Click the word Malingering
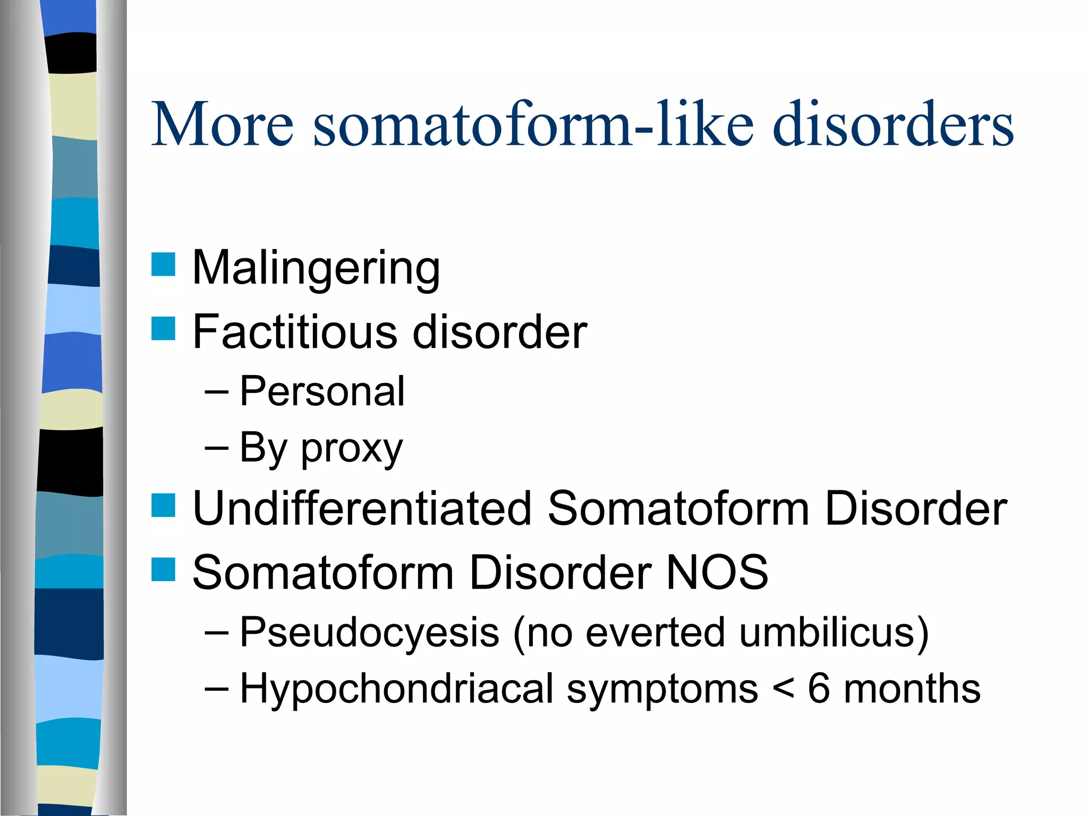point(316,268)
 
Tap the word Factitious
point(294,331)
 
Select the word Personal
point(322,391)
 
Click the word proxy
point(352,449)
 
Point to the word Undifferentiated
point(362,508)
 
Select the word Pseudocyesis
point(369,632)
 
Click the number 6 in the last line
point(819,688)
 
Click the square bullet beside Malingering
point(163,265)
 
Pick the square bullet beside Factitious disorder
point(163,328)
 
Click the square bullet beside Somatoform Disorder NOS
point(163,569)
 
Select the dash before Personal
point(216,393)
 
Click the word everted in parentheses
point(655,632)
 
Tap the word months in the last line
point(912,688)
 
